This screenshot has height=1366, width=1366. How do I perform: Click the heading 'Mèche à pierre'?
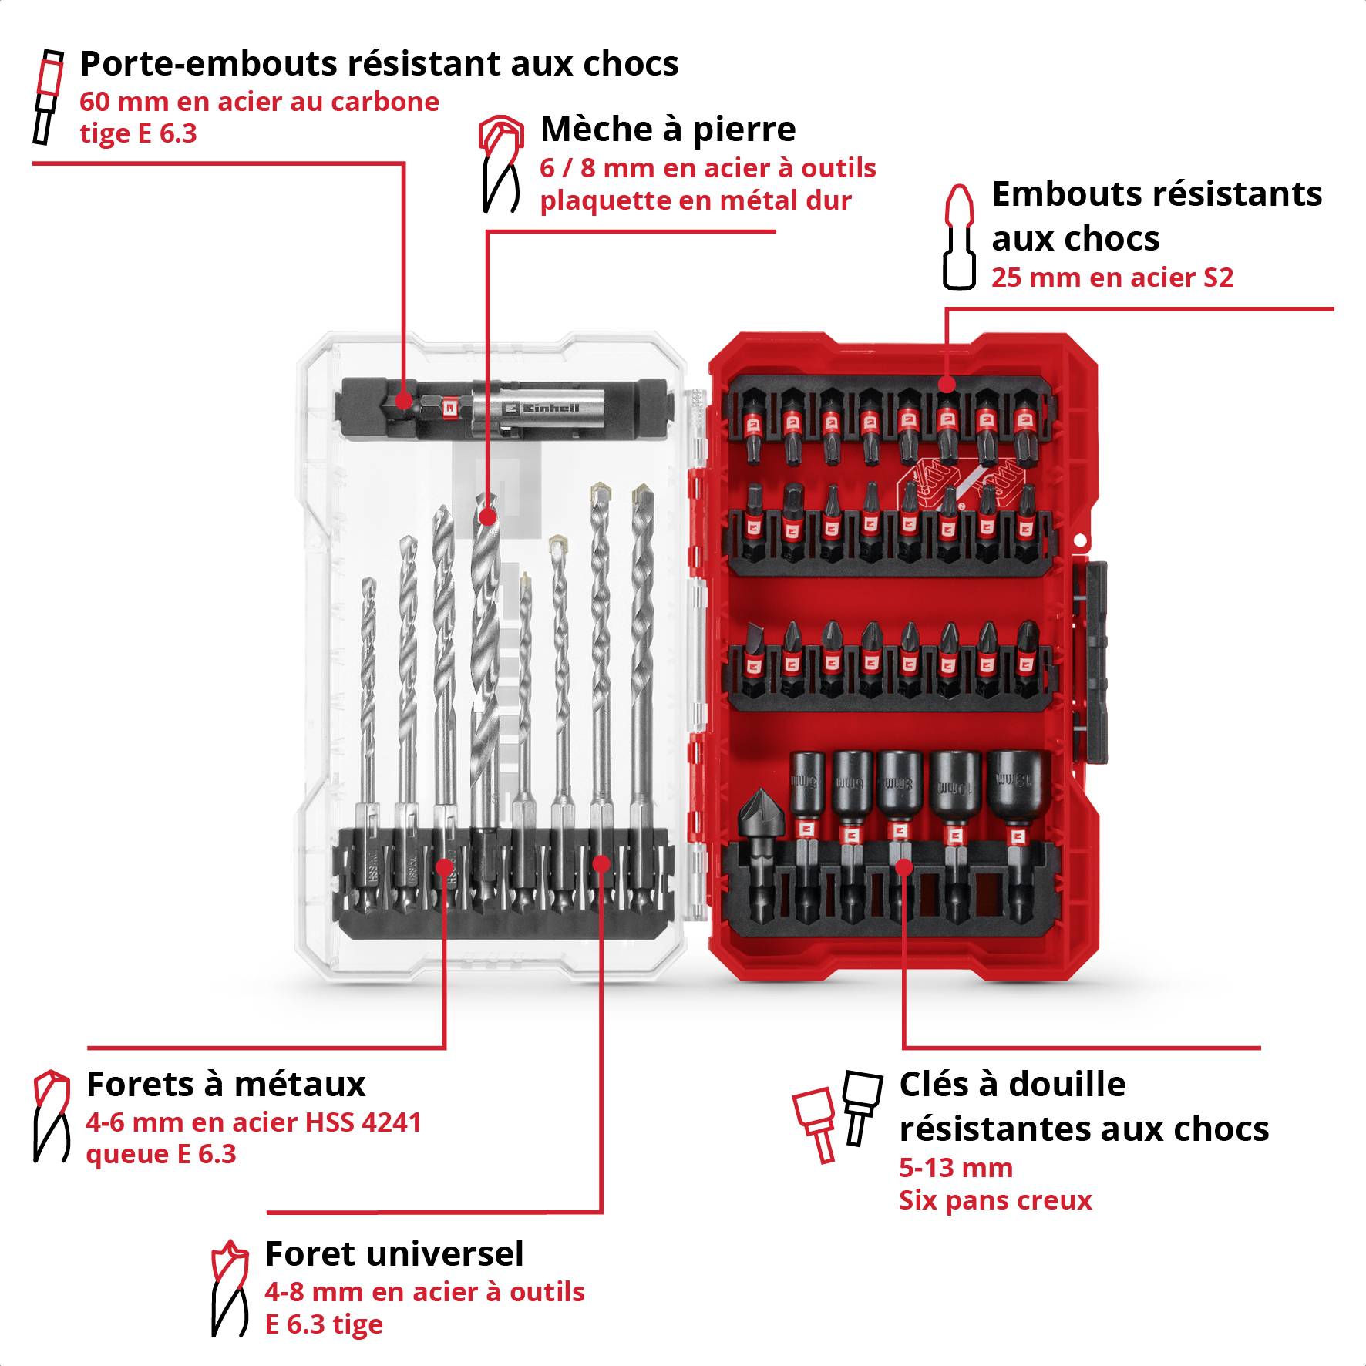668,130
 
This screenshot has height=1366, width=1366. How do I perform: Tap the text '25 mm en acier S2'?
1112,278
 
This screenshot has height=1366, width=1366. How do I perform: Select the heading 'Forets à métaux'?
226,1084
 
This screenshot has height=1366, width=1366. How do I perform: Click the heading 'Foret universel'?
394,1253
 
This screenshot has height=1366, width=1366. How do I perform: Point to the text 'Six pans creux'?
995,1200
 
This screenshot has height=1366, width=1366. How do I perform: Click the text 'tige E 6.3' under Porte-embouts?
139,133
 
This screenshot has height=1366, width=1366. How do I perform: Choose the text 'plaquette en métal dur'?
695,200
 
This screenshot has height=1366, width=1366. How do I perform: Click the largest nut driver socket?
1019,794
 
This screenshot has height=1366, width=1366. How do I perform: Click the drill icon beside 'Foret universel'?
230,1288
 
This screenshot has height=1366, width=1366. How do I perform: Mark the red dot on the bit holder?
402,400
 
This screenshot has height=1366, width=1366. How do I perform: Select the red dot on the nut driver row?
904,866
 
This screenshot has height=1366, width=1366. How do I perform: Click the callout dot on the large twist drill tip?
486,516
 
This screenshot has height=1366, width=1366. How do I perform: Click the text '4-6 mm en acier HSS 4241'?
254,1122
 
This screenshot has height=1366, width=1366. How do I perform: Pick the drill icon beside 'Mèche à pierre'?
500,165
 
